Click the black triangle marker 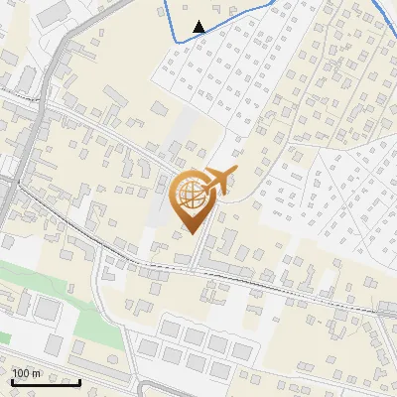tap(199, 26)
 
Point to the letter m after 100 tap(37, 373)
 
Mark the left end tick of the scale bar tap(12, 381)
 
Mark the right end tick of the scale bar tap(79, 381)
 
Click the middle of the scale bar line tap(46, 383)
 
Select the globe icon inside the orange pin tap(191, 196)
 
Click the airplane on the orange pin tap(219, 182)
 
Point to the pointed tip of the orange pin tap(191, 233)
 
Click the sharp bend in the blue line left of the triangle tap(176, 40)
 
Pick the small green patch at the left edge tap(4, 336)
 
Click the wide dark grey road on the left tap(40, 109)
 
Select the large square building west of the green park tap(45, 308)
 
